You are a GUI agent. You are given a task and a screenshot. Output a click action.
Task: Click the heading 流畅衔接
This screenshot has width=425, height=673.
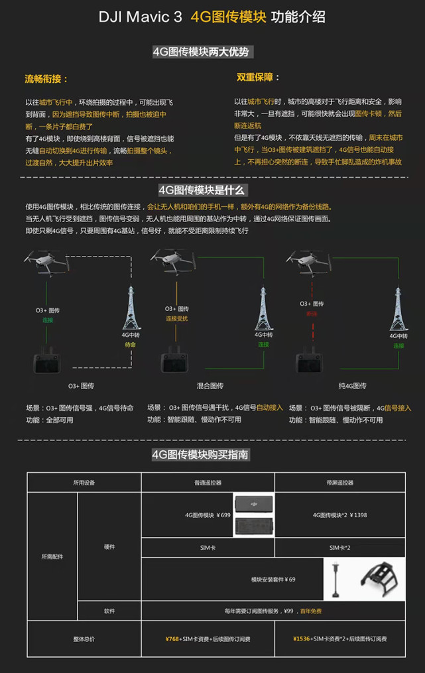coord(46,79)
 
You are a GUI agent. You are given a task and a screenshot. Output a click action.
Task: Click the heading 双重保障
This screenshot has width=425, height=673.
coord(258,78)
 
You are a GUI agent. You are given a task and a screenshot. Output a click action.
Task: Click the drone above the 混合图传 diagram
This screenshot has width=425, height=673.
coord(174,259)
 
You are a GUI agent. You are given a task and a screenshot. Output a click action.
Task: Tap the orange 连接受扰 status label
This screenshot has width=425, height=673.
coord(177,319)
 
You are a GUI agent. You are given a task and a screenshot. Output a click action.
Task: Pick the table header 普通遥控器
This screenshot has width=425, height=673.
coord(208,483)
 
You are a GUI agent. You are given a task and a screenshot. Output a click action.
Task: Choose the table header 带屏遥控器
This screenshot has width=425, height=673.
coord(339,483)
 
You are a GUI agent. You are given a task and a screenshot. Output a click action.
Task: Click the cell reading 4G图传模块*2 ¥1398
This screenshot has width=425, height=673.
coord(339,515)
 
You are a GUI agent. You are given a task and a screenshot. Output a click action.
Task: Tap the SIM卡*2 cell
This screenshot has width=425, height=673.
coord(339,548)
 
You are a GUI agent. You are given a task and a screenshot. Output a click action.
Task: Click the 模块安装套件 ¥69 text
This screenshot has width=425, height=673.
coord(273,579)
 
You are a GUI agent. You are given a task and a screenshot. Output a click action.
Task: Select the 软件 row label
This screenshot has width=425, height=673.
coord(109,611)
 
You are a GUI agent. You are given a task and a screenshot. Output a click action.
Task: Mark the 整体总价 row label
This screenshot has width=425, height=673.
coord(84,639)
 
